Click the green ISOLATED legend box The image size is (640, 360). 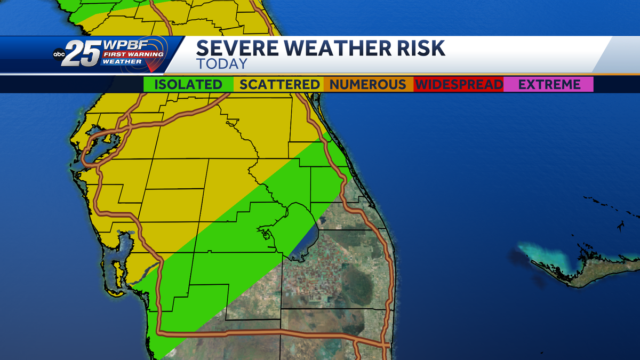coord(188,84)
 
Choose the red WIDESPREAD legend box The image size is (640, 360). coord(459,84)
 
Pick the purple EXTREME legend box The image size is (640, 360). coord(549,84)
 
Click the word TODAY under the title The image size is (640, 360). coord(222,64)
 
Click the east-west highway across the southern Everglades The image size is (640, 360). coord(267,333)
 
